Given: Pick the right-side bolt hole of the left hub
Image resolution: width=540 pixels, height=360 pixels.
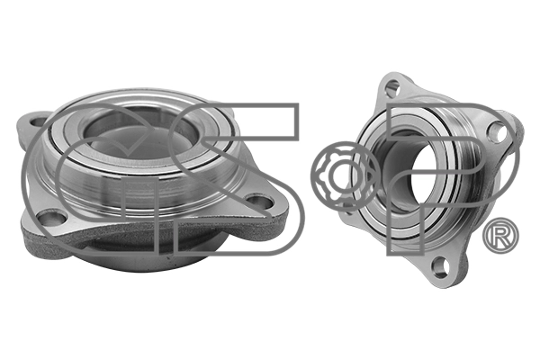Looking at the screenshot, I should click(258, 201).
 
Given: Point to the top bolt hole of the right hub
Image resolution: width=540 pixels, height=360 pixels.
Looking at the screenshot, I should click(391, 87).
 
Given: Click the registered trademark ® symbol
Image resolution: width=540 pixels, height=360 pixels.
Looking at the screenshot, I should click(499, 236).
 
